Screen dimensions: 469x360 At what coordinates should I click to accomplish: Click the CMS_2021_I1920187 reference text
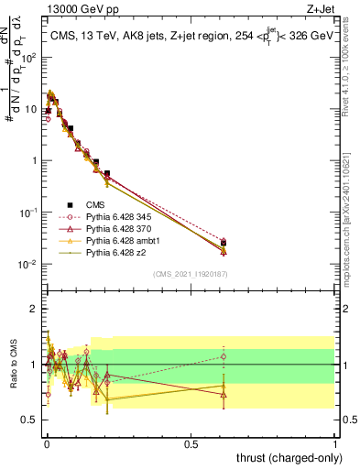191,274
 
